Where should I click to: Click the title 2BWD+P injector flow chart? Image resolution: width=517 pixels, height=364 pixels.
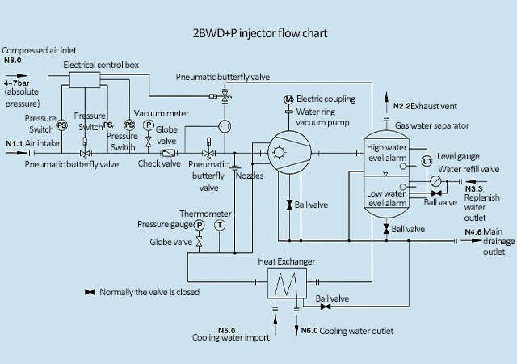click(258, 33)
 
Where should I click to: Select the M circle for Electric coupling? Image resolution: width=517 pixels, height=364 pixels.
click(288, 99)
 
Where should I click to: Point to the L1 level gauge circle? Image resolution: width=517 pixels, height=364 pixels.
click(427, 163)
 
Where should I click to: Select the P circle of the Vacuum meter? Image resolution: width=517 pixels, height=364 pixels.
click(148, 126)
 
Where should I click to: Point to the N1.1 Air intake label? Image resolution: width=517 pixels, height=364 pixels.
click(15, 143)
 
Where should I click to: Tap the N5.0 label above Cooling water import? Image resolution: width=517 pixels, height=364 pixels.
click(227, 329)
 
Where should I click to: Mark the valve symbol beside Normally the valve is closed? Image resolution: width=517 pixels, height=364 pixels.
click(89, 291)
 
